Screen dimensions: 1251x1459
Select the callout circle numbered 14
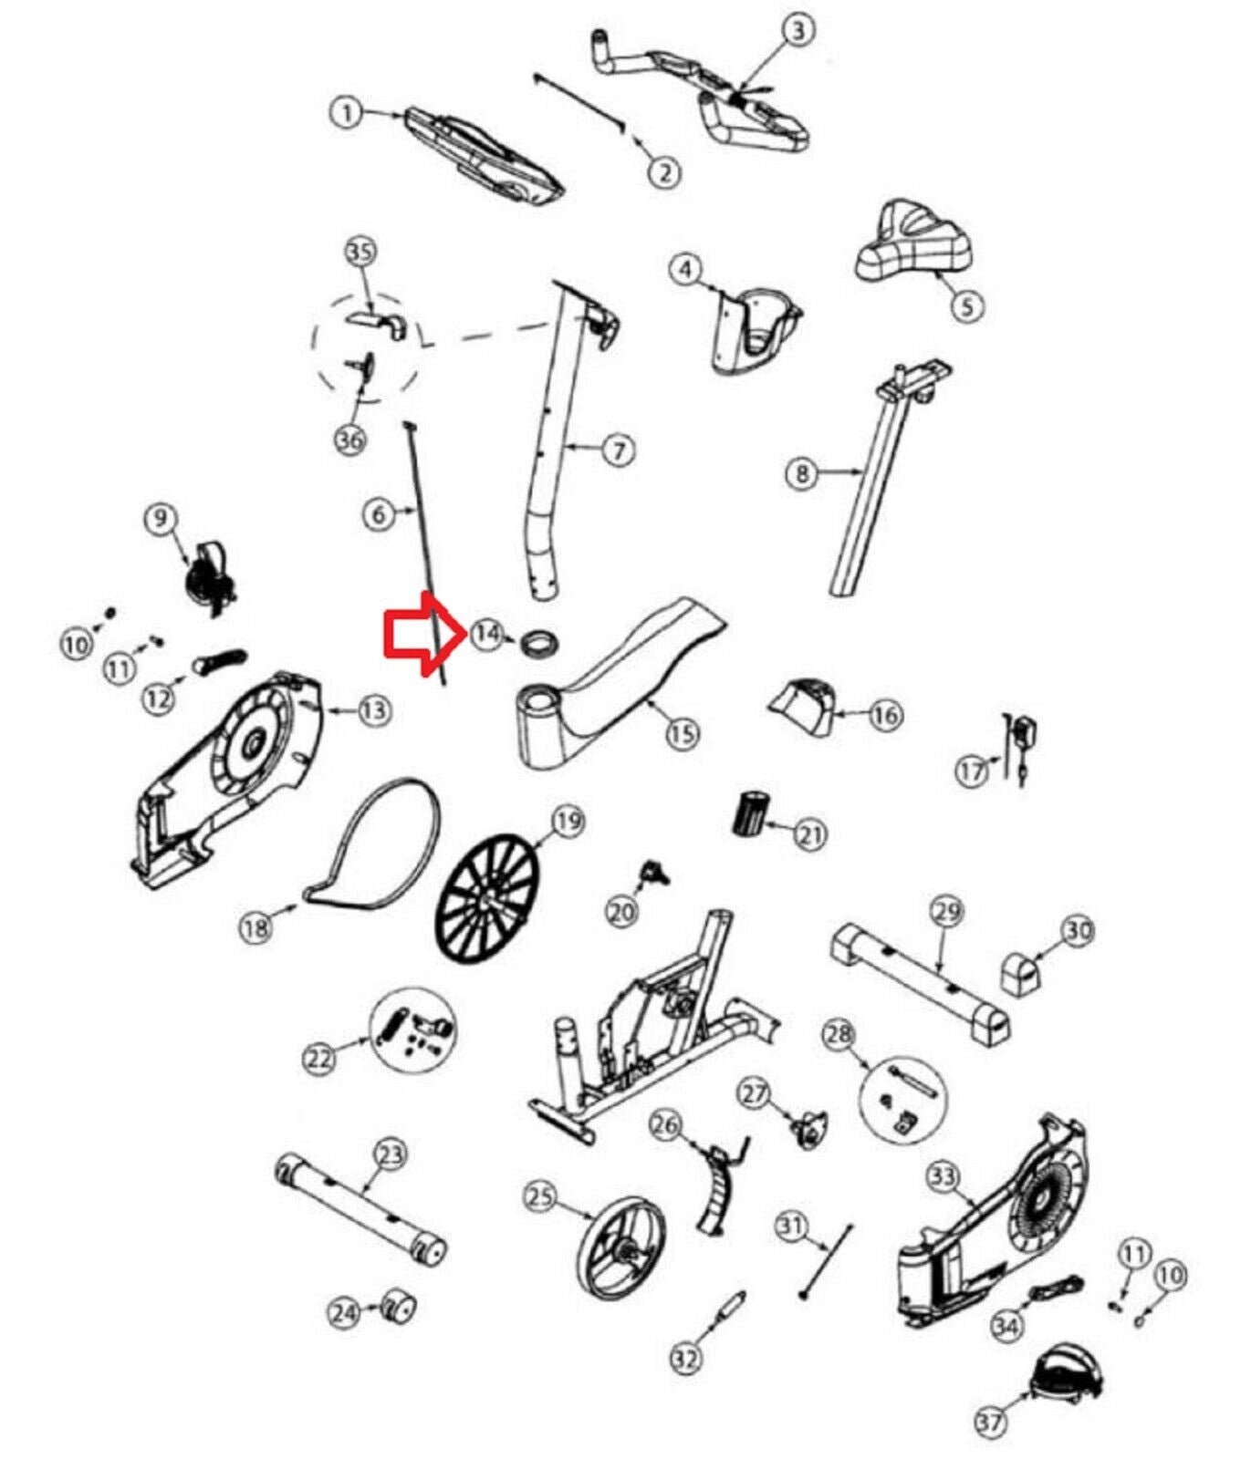click(487, 633)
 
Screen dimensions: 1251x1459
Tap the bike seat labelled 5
click(912, 245)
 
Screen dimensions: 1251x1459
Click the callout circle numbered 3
click(798, 31)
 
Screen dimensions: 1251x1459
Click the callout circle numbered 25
click(541, 1195)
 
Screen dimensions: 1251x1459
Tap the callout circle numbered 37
click(991, 1420)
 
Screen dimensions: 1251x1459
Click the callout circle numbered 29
click(947, 911)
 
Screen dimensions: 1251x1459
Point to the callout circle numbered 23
click(390, 1155)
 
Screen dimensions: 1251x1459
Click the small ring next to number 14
click(538, 642)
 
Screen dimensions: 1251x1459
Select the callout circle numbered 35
click(360, 251)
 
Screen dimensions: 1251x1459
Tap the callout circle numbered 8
click(802, 472)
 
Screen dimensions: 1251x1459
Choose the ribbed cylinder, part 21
click(752, 814)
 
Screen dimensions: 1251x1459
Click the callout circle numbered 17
click(973, 771)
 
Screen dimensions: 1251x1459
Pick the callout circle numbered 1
click(346, 114)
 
